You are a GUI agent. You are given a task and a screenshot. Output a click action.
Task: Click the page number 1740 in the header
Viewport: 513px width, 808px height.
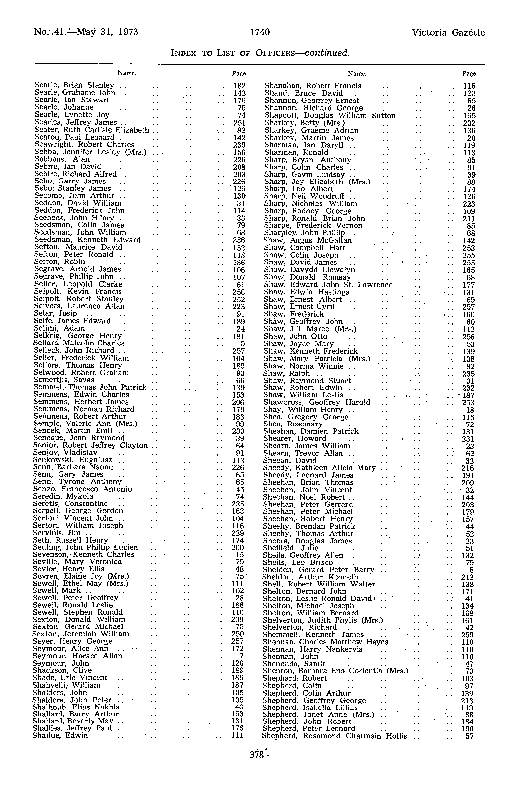coord(260,32)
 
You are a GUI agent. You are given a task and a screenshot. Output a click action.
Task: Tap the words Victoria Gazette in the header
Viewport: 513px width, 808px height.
coord(448,32)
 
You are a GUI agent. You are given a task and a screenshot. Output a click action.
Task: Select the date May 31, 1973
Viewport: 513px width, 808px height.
coord(107,32)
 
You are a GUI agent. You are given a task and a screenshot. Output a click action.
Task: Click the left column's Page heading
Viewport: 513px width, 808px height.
coord(240,73)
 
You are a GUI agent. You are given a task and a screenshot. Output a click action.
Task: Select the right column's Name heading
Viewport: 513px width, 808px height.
coord(357,73)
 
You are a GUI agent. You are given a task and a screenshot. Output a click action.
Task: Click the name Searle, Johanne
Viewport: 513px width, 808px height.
coord(64,107)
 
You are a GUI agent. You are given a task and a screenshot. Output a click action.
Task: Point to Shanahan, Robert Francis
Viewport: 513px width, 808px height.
coord(313,86)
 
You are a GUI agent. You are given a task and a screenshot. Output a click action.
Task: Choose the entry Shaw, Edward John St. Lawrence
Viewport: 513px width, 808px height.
coord(328,285)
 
